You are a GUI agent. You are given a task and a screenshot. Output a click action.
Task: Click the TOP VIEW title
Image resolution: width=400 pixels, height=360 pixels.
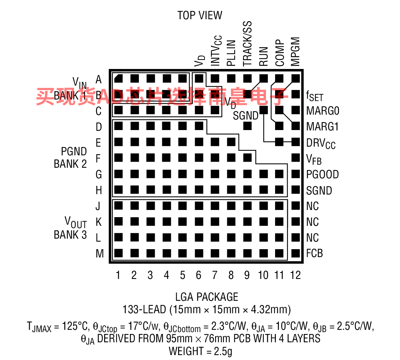click(x=200, y=15)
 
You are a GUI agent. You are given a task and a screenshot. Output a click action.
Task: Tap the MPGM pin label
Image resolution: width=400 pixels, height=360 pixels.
click(x=295, y=52)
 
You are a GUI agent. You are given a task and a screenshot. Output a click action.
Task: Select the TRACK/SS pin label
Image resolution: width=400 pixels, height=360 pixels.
click(x=247, y=44)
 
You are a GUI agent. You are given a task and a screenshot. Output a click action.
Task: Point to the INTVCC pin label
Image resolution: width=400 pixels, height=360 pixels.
click(x=216, y=51)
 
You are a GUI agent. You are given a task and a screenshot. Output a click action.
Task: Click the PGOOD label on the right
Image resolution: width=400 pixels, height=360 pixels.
click(x=322, y=175)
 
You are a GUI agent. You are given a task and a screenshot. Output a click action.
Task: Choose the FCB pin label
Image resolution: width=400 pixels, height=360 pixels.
click(x=315, y=253)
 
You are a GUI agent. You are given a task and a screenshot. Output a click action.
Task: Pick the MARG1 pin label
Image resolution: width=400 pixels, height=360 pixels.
click(x=322, y=127)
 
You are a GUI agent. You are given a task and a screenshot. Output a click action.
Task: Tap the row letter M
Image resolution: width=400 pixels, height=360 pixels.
click(x=100, y=253)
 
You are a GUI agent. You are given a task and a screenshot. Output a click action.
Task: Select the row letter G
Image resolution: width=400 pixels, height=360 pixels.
click(x=99, y=175)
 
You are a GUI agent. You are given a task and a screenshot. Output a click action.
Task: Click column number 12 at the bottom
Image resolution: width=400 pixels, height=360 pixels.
click(x=295, y=275)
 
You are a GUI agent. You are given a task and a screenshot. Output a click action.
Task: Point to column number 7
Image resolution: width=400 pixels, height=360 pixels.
click(x=215, y=275)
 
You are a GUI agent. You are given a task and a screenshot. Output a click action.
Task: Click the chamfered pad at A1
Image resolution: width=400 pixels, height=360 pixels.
click(x=118, y=78)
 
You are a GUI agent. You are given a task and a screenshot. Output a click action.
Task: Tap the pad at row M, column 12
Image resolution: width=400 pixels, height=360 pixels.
click(x=296, y=253)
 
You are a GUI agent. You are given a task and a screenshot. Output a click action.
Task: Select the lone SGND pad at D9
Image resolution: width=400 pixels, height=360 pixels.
click(x=248, y=126)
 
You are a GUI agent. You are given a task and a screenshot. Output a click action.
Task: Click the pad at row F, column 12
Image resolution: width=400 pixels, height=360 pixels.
click(x=296, y=158)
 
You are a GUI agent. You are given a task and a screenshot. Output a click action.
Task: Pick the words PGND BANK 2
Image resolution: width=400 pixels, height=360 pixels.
click(x=70, y=158)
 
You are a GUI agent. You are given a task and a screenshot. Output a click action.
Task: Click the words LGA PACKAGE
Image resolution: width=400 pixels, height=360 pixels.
click(x=207, y=297)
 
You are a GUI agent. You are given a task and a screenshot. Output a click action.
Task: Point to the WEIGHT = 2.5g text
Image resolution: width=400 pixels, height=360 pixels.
click(x=200, y=351)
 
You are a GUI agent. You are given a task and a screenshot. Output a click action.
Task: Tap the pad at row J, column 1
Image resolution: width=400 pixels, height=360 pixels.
click(x=118, y=205)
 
